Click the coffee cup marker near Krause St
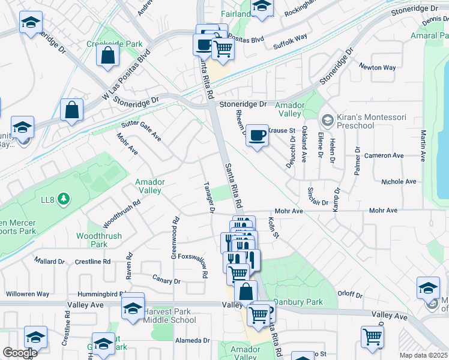pyautogui.click(x=257, y=136)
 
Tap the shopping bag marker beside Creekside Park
pyautogui.click(x=107, y=56)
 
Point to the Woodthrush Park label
pyautogui.click(x=91, y=240)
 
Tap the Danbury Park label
pyautogui.click(x=298, y=302)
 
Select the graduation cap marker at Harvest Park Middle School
pyautogui.click(x=132, y=308)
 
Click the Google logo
pyautogui.click(x=19, y=353)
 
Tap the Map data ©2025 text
pyautogui.click(x=423, y=355)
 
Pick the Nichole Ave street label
pyautogui.click(x=399, y=181)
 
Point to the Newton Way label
pyautogui.click(x=377, y=67)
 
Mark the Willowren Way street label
pyautogui.click(x=27, y=294)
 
